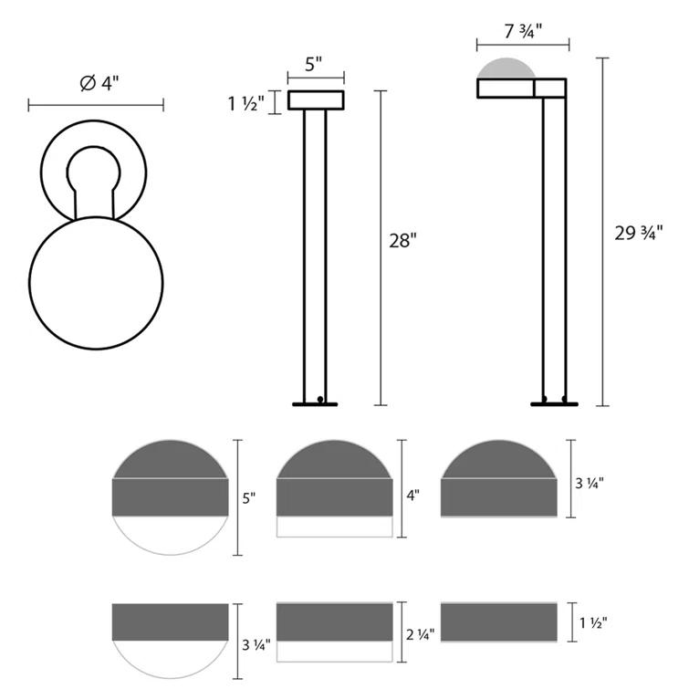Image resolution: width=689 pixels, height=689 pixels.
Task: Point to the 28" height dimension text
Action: tap(402, 241)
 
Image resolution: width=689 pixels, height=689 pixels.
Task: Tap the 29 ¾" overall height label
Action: tap(635, 232)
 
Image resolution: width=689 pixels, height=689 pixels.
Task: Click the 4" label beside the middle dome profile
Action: tap(413, 496)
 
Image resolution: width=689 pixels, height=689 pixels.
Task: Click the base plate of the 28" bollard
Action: tap(315, 403)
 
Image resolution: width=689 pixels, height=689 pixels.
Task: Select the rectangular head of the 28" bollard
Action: tap(316, 100)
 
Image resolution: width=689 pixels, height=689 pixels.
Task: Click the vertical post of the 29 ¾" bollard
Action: tap(553, 246)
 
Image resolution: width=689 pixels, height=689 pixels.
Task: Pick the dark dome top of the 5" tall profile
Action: tap(169, 460)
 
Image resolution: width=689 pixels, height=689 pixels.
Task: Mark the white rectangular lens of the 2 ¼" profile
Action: tap(334, 652)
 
